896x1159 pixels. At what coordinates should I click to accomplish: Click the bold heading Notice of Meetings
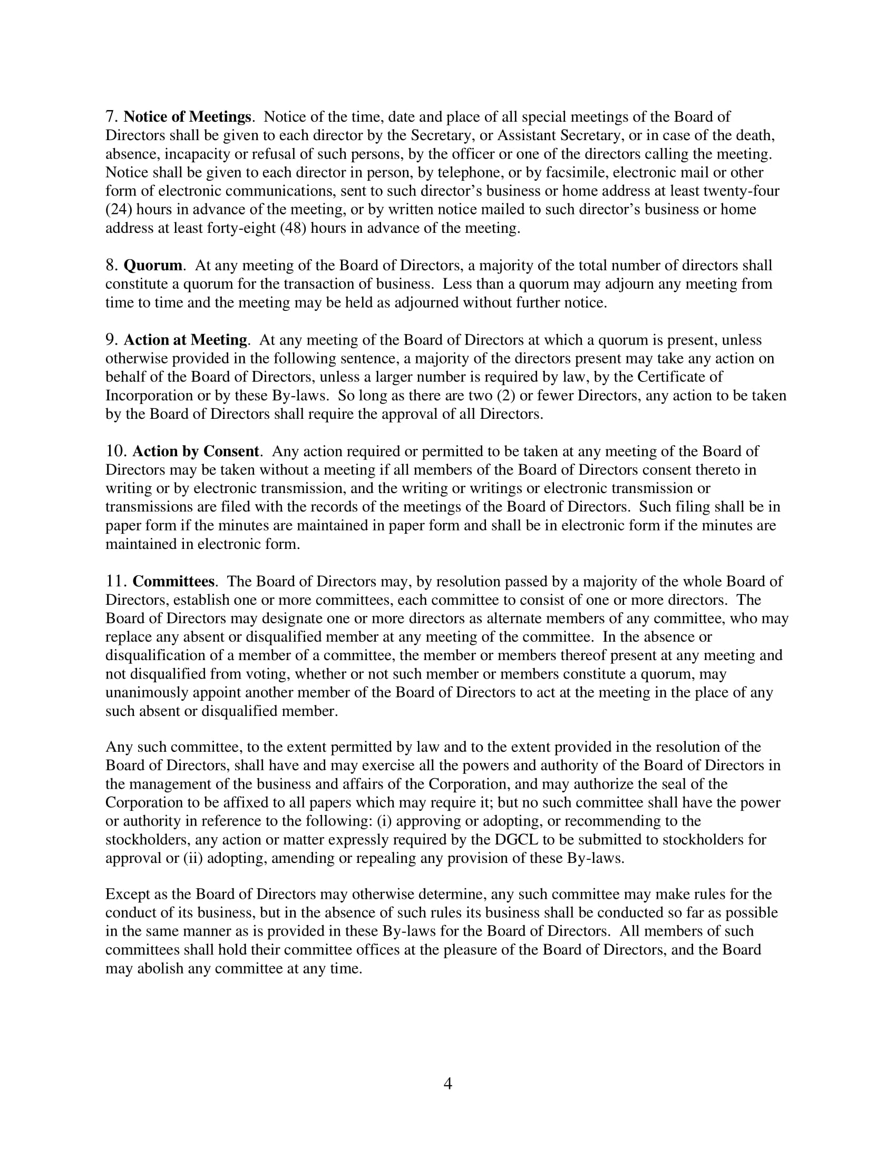coord(188,117)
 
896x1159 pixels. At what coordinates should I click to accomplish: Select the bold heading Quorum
coord(153,266)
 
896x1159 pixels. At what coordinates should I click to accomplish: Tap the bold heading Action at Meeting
coord(185,340)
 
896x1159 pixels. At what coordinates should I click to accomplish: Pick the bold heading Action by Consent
coord(196,451)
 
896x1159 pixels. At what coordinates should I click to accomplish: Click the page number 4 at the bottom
coord(447,1084)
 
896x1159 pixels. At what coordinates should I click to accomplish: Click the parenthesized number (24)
coord(119,209)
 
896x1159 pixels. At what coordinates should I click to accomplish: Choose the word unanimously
coord(147,693)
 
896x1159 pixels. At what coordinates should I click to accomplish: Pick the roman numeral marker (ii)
coord(193,858)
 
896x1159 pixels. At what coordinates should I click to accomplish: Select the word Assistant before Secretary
coord(527,135)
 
